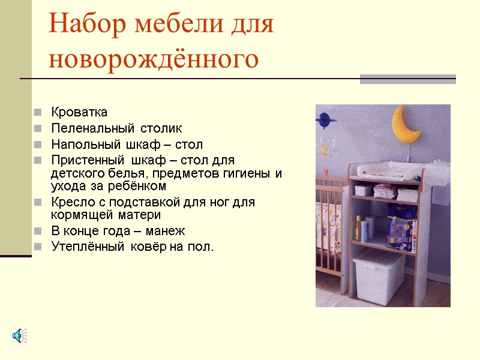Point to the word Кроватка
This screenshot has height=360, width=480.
click(79, 112)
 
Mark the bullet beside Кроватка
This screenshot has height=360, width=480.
click(38, 112)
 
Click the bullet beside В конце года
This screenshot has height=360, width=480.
click(38, 231)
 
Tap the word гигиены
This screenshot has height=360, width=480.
click(247, 173)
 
